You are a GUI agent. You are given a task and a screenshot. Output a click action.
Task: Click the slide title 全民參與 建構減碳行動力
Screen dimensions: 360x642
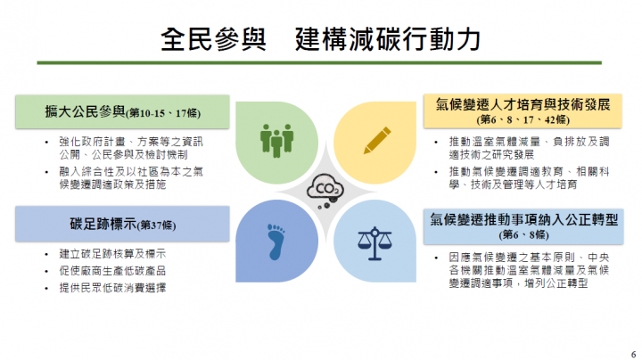coord(321,39)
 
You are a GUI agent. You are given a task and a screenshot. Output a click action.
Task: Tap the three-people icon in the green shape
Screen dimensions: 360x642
coord(277,138)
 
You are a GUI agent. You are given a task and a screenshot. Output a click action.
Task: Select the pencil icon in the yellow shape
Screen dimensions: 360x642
coord(376,138)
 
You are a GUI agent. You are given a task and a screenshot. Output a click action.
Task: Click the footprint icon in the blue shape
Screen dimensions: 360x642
coord(275,238)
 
